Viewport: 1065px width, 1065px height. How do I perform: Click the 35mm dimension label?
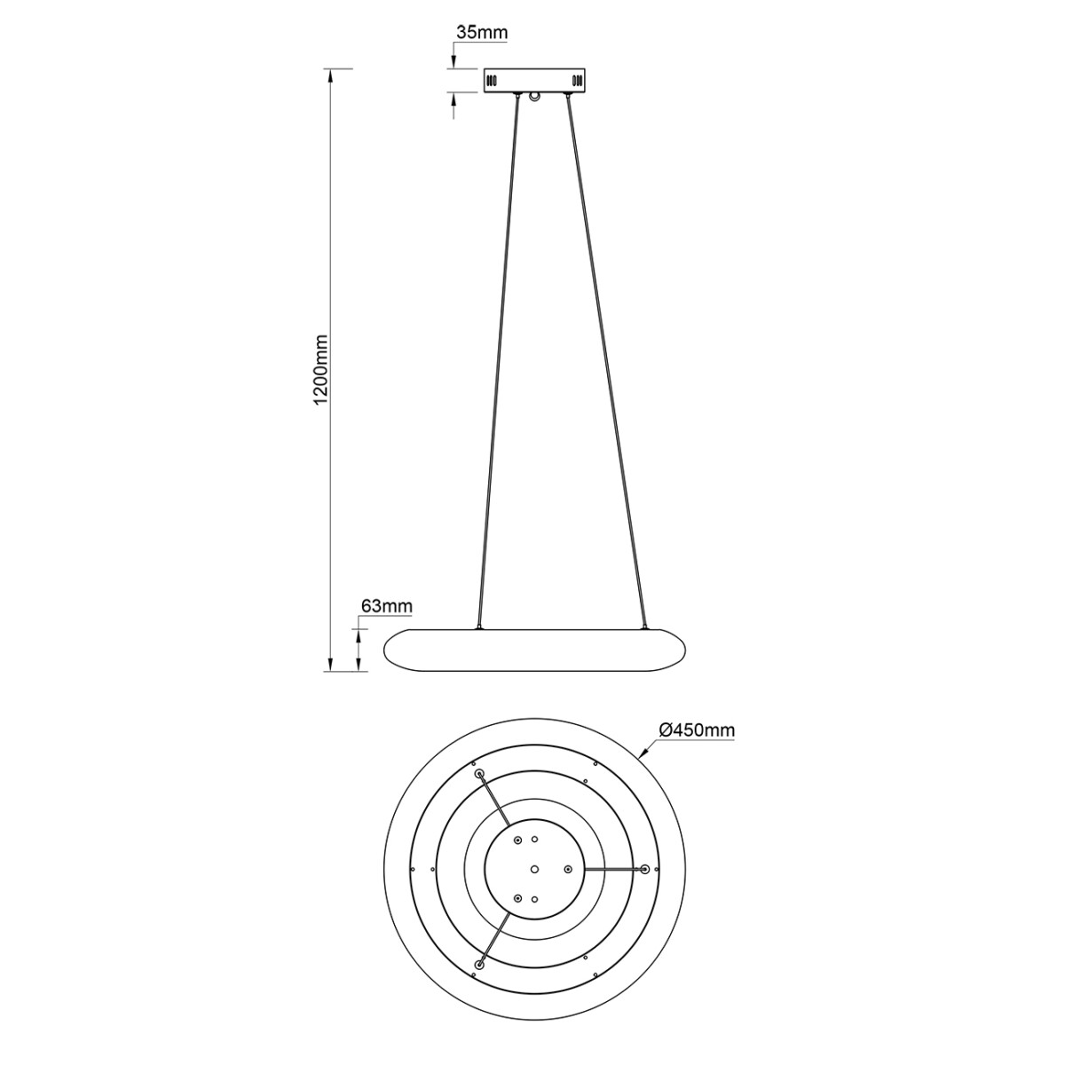481,33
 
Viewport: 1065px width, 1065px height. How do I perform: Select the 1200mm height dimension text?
321,370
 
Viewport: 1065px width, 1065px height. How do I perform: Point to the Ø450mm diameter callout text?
697,730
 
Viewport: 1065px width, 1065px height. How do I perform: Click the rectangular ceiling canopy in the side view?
533,80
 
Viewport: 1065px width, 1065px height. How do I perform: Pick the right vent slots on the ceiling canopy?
577,81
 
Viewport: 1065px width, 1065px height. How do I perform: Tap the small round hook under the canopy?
533,97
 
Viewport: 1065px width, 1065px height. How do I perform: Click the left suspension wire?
497,355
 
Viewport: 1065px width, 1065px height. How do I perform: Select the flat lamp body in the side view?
533,650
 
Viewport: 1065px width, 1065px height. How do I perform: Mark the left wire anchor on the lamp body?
479,629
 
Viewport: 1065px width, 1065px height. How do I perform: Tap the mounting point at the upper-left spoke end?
481,775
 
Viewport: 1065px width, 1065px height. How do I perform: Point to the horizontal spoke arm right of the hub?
612,868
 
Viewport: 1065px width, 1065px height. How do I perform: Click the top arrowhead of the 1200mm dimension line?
330,75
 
